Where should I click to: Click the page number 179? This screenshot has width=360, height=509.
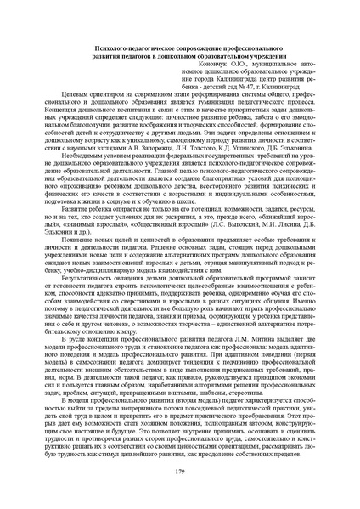pyautogui.click(x=179, y=471)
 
